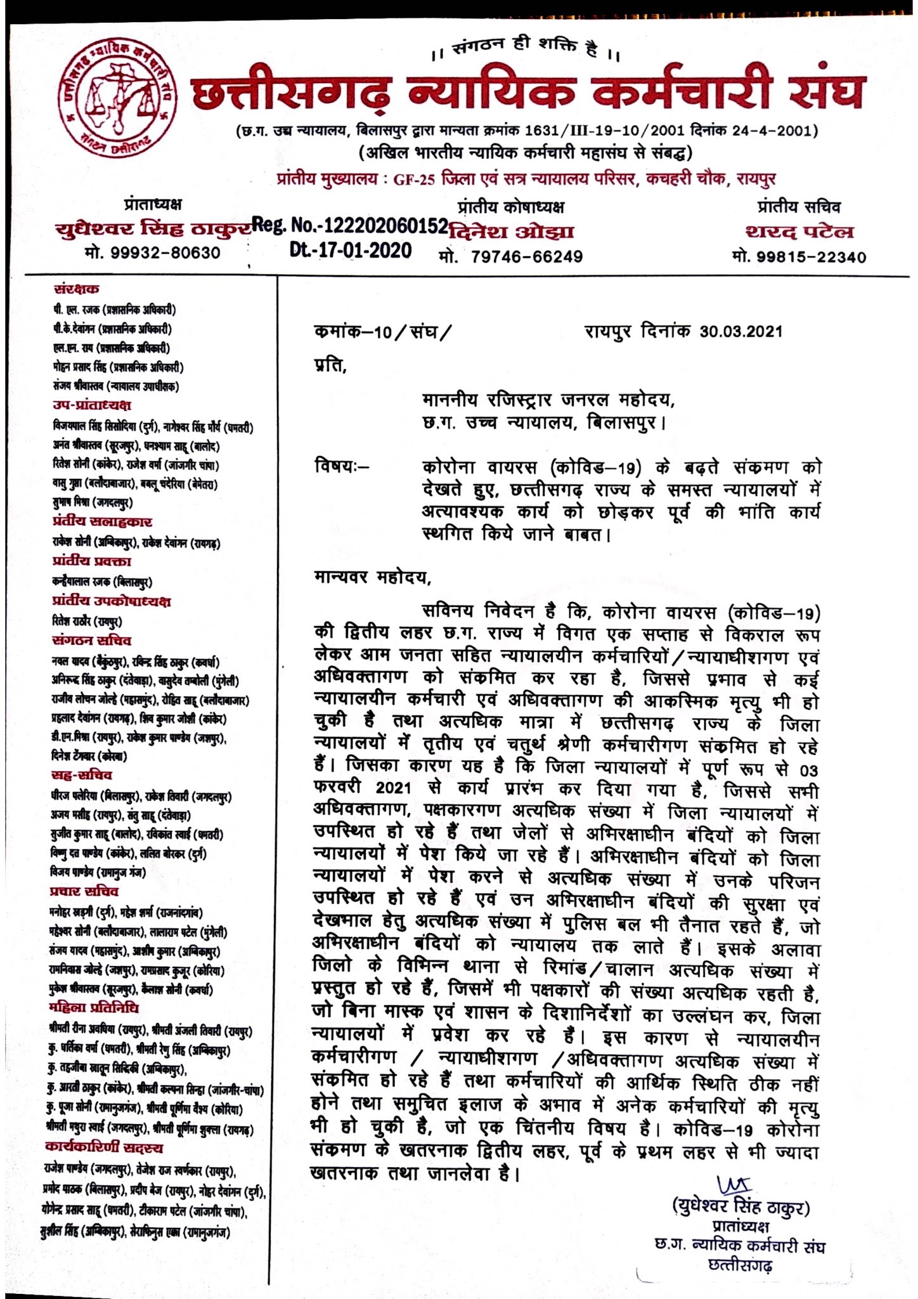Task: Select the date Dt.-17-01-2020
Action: (x=350, y=251)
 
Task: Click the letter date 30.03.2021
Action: (x=740, y=331)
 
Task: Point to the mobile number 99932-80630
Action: (x=152, y=253)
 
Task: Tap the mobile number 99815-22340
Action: (x=799, y=256)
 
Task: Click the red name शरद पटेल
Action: (x=799, y=232)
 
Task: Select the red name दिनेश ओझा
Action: (x=510, y=232)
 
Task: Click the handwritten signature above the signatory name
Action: (x=734, y=1184)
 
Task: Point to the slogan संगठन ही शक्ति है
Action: (x=525, y=49)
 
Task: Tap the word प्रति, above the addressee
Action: (x=330, y=366)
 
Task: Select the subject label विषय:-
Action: (x=341, y=468)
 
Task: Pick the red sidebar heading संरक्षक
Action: (x=76, y=289)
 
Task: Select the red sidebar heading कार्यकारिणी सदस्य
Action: (x=104, y=1147)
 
